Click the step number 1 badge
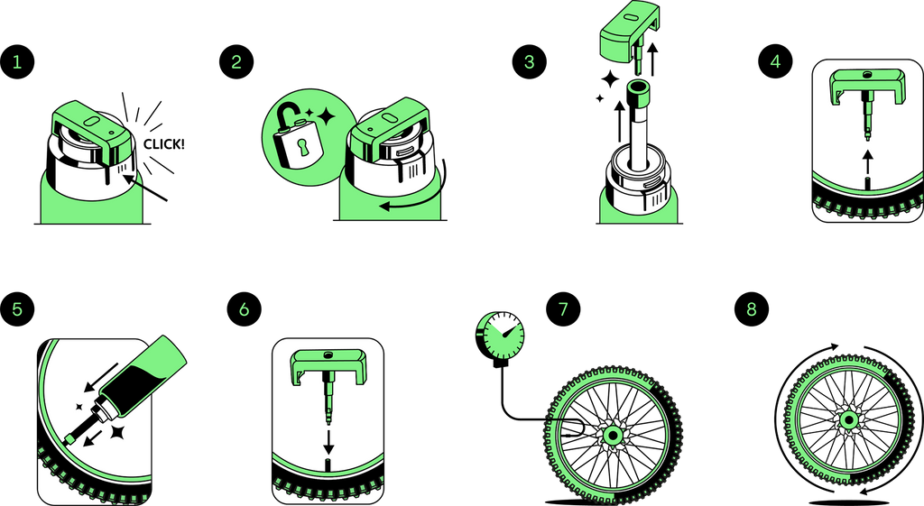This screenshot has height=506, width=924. click(17, 62)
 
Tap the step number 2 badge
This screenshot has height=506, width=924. click(236, 62)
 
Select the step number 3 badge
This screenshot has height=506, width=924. click(529, 62)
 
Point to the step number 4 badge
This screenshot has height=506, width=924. click(775, 61)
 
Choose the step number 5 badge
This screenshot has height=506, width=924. click(17, 308)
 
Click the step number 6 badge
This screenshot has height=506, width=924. click(244, 308)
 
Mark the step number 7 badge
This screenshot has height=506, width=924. click(563, 308)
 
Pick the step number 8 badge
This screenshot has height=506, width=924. click(752, 308)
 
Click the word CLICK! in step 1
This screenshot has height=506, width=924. click(164, 144)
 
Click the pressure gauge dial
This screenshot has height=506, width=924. click(500, 336)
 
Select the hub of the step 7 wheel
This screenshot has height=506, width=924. click(613, 436)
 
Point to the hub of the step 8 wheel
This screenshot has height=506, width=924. click(848, 420)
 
